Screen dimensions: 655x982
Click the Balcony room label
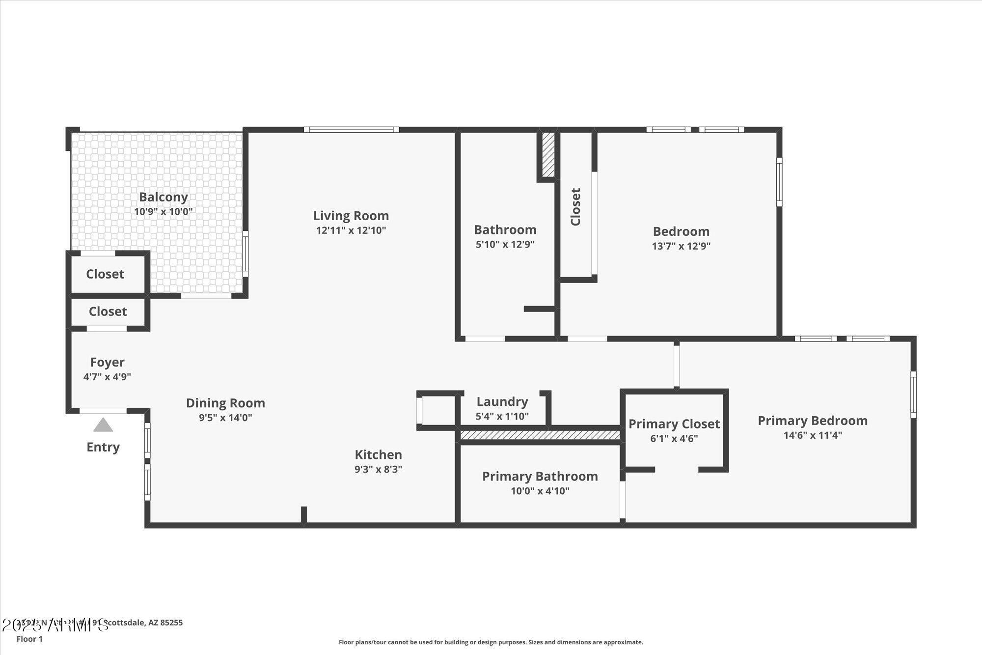point(163,197)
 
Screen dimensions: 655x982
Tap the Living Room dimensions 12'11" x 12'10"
point(351,230)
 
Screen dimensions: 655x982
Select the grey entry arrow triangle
point(103,425)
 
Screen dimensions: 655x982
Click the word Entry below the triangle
point(103,447)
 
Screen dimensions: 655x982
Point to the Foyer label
point(107,362)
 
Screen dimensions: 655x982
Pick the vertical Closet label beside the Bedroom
point(575,207)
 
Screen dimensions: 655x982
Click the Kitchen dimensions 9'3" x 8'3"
point(378,469)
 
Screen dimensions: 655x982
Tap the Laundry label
point(502,401)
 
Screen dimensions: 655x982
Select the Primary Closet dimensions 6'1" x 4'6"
point(674,438)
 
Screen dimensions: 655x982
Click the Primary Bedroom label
point(812,421)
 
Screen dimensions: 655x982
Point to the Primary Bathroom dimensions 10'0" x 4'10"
point(540,491)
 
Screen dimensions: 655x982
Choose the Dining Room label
point(225,403)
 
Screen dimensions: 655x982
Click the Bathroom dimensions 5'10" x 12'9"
point(505,244)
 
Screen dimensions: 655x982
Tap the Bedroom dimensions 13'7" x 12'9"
point(681,246)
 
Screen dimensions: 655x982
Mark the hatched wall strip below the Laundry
point(540,435)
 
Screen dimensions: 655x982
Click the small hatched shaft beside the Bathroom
point(548,155)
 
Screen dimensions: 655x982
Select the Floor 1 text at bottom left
point(29,639)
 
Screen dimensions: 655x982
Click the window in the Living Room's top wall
point(351,130)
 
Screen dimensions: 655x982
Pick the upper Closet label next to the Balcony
point(105,274)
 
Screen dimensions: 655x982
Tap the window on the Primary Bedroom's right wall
point(913,395)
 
